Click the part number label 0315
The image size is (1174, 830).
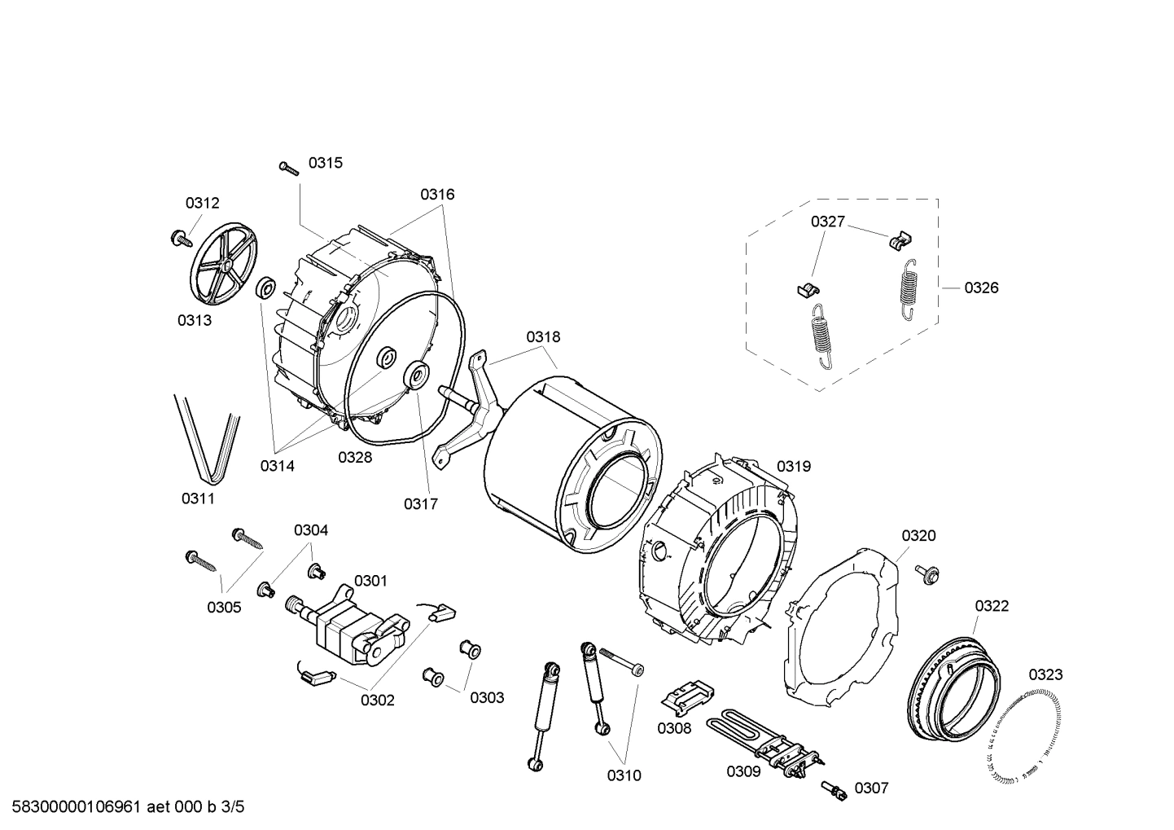click(x=325, y=163)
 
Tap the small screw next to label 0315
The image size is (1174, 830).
click(x=289, y=168)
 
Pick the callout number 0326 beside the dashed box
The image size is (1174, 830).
click(x=981, y=288)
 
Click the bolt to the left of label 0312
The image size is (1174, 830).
click(x=178, y=238)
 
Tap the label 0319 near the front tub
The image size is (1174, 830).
click(x=793, y=466)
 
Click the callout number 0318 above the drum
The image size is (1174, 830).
click(x=542, y=336)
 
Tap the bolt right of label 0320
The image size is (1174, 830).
click(x=927, y=573)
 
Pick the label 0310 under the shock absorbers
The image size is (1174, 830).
click(x=624, y=775)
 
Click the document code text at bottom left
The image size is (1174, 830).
click(x=123, y=807)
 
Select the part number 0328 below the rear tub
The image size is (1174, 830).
click(x=355, y=457)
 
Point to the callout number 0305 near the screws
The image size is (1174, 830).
click(x=224, y=607)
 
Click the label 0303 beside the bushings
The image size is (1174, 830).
click(x=487, y=697)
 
